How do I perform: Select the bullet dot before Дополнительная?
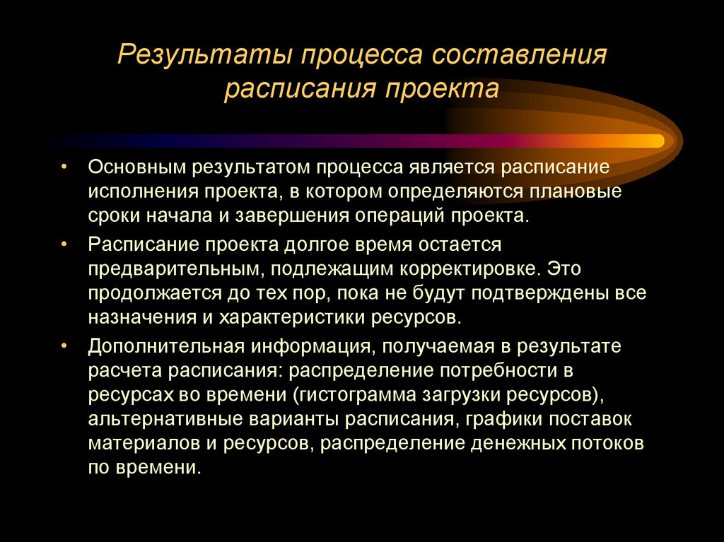(x=64, y=346)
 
